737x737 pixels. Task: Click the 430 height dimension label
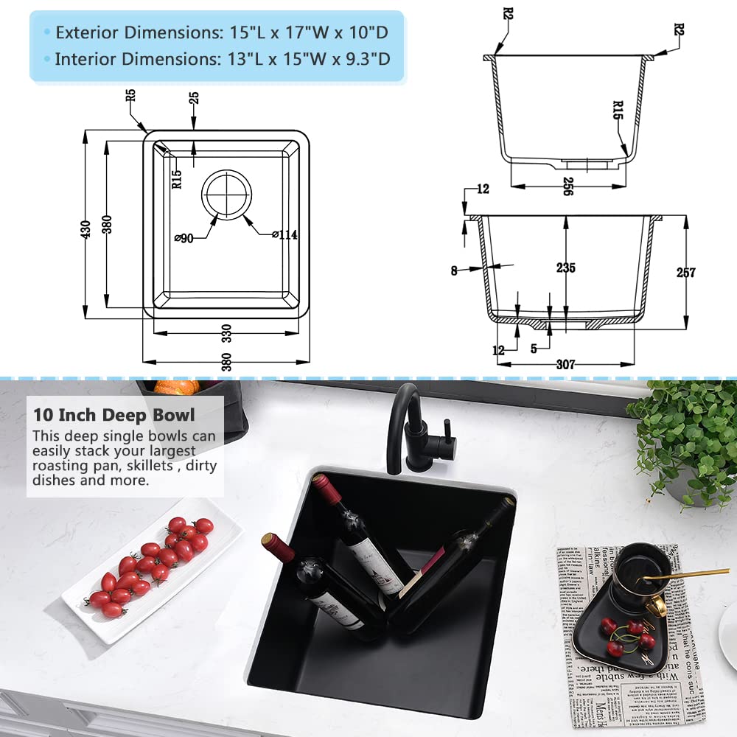87,229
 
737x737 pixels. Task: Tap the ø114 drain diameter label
284,236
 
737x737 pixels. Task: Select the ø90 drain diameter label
184,238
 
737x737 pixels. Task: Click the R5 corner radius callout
130,95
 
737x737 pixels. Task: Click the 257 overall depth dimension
685,272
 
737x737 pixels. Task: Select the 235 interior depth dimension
566,268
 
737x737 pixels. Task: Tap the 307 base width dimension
566,364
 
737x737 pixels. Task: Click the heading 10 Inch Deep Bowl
113,416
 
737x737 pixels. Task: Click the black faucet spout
404,413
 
